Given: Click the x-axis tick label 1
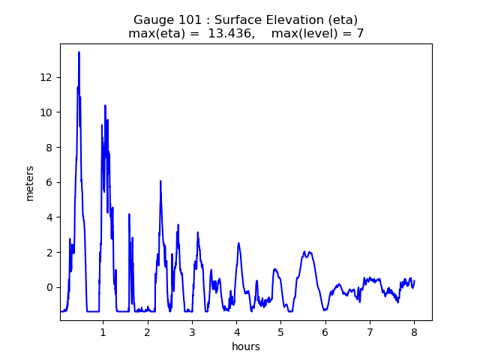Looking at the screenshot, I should (103, 332).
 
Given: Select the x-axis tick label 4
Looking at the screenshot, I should (236, 332).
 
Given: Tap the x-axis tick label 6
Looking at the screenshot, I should (325, 332).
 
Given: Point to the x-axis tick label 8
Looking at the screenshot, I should (414, 332).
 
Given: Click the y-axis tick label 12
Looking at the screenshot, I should (46, 77).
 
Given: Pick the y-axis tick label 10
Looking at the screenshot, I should (46, 112).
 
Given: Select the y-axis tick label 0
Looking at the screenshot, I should (49, 287).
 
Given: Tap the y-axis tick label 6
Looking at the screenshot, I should (49, 182).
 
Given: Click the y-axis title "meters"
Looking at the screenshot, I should (30, 182).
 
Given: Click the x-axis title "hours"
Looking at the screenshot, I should (245, 346).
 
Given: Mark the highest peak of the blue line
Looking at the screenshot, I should (79, 52).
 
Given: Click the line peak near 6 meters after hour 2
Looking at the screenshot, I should (160, 181).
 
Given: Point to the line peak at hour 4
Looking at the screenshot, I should (238, 243).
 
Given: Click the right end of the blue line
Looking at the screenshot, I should (414, 280).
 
